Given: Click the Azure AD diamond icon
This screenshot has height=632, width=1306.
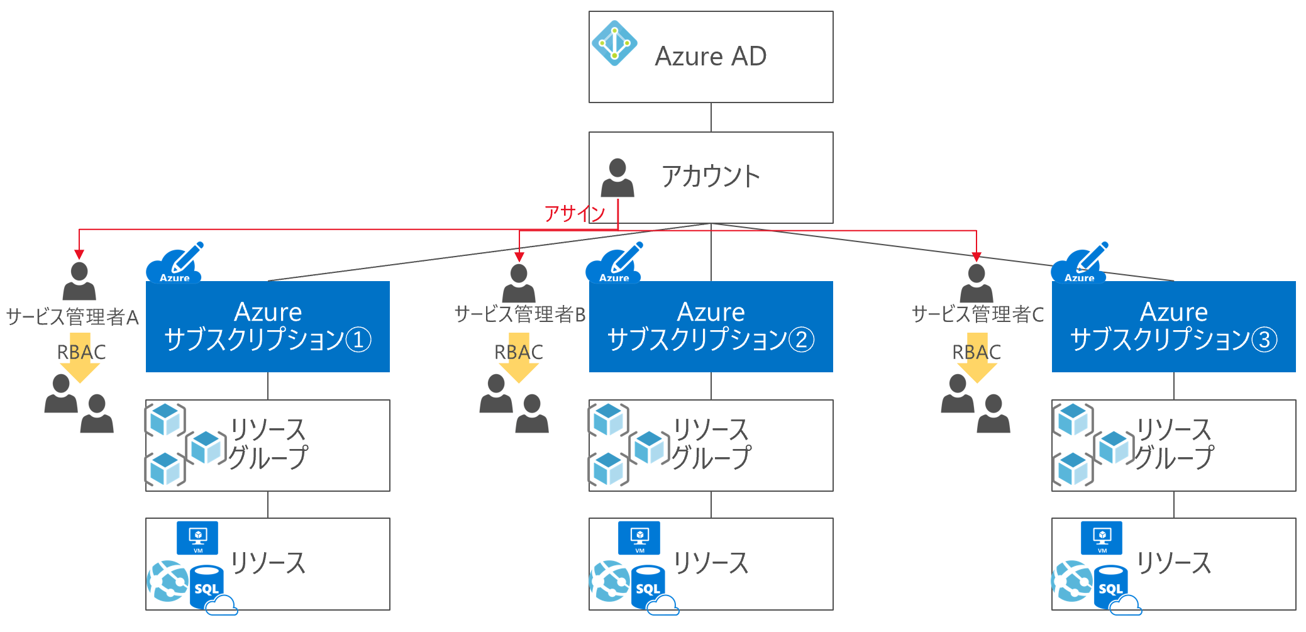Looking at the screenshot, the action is (x=614, y=43).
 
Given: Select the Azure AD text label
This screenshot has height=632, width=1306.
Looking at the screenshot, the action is (x=711, y=57).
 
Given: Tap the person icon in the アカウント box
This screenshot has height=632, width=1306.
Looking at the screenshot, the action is (x=617, y=177).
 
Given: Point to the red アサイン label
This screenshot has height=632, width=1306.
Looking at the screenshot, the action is (x=574, y=214).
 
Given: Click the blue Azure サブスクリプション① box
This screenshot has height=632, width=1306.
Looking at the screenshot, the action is (x=268, y=326).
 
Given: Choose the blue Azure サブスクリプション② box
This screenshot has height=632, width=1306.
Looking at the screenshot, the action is (x=711, y=326).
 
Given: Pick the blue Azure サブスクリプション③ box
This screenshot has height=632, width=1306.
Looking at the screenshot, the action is (x=1174, y=326).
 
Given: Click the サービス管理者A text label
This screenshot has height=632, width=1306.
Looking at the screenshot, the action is (x=72, y=317).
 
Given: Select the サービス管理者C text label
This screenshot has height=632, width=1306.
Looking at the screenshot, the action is (x=978, y=314).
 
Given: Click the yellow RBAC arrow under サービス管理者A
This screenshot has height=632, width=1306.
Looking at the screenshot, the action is (x=80, y=358).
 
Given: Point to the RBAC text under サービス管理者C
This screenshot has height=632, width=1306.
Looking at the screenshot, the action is (x=977, y=352).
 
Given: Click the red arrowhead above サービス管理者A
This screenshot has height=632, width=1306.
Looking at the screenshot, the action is (x=79, y=254).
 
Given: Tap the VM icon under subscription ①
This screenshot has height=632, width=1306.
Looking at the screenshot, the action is (x=197, y=538).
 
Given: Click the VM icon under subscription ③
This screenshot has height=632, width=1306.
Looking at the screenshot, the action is (x=1102, y=538).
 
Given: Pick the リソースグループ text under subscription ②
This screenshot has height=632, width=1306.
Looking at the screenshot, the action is (x=711, y=444).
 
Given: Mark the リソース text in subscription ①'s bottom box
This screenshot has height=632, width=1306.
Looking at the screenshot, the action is (x=268, y=563).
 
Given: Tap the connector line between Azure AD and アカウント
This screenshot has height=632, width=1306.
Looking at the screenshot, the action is (x=711, y=117).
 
